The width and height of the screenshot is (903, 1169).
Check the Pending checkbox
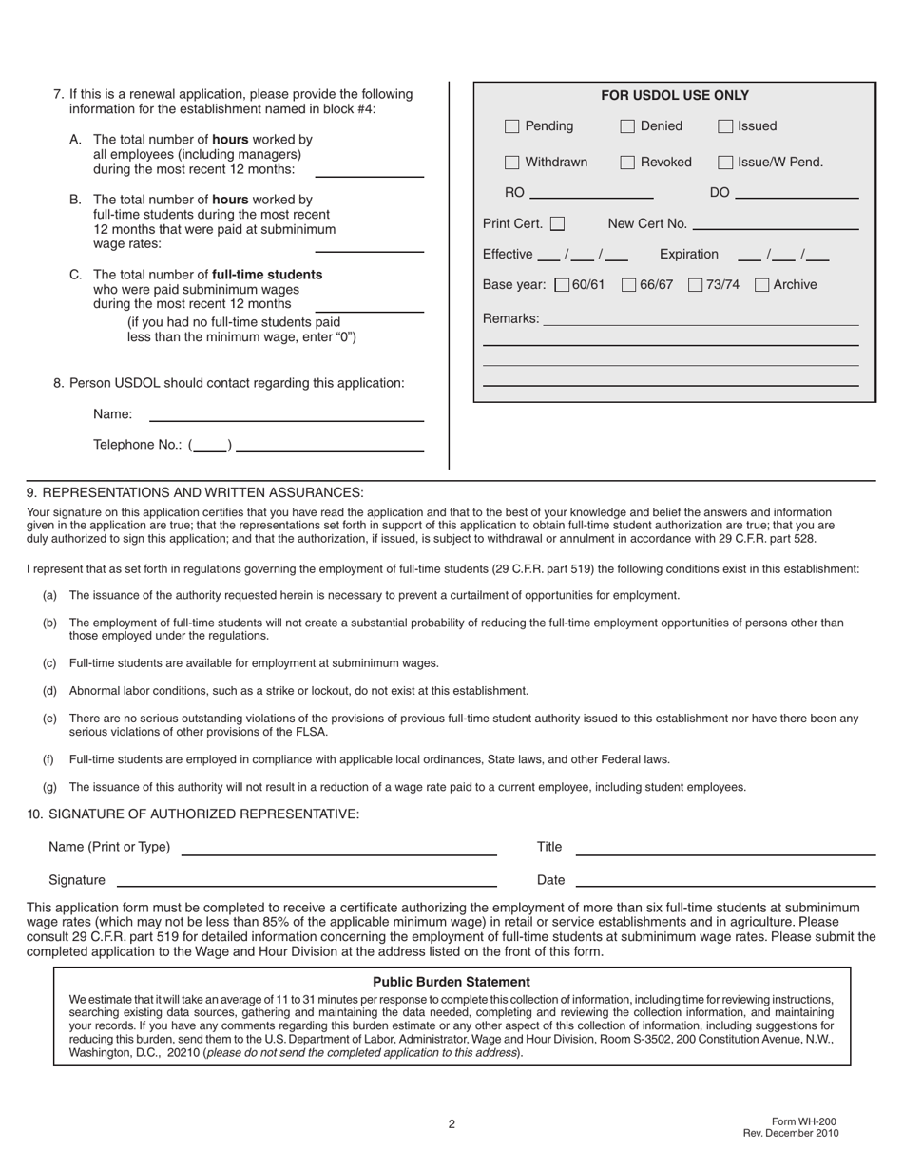click(512, 126)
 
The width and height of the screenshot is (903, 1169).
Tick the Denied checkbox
click(627, 126)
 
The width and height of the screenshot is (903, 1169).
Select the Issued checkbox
click(725, 126)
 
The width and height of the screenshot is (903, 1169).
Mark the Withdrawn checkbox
click(512, 163)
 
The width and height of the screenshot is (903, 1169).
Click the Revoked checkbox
click(627, 163)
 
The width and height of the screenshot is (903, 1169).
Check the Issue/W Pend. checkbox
click(725, 163)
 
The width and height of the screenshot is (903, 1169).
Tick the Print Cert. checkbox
click(558, 224)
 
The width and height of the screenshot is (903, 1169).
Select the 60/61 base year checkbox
click(562, 285)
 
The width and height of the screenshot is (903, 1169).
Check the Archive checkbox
click(762, 285)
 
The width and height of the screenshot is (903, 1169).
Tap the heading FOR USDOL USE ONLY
click(675, 96)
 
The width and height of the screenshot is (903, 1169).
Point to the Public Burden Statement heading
click(451, 982)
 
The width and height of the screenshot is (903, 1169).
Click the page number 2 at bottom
click(452, 1124)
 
